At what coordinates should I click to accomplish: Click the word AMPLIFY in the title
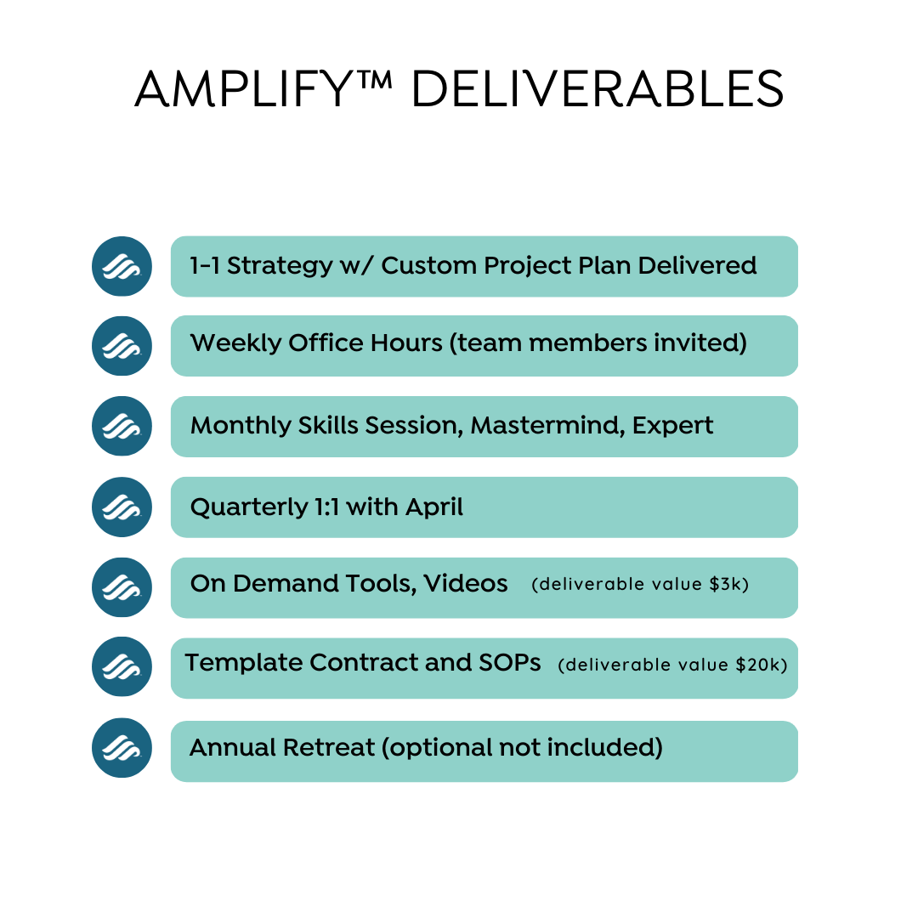(243, 89)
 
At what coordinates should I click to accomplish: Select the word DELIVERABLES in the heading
(598, 89)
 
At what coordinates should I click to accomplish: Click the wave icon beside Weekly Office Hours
(122, 346)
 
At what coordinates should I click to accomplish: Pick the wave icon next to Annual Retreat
(122, 748)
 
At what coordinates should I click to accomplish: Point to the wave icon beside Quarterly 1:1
(122, 507)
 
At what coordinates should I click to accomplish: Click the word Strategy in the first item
(280, 266)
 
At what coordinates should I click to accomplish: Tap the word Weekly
(236, 343)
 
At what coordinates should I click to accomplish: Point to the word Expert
(672, 426)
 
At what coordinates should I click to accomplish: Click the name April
(433, 507)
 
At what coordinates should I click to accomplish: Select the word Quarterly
(249, 507)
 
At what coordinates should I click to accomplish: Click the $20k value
(762, 665)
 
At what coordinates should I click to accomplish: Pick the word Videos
(466, 584)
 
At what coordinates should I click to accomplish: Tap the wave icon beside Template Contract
(122, 667)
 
